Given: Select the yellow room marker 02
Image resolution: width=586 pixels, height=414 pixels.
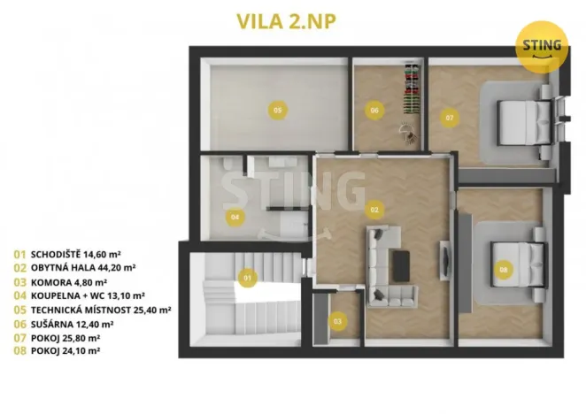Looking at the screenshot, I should [x=374, y=210].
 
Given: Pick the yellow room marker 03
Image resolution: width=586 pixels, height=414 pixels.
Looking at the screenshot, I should [x=337, y=321].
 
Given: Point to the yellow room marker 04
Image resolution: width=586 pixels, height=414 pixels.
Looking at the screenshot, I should [x=235, y=215].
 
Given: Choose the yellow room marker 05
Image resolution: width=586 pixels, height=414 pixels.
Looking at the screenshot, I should [x=277, y=110].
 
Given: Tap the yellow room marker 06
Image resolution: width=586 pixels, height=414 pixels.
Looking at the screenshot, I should [x=374, y=111].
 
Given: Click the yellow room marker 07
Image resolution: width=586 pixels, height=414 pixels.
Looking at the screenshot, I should [x=450, y=117].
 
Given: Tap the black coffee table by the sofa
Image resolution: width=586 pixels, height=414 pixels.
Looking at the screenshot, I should [x=403, y=262].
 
